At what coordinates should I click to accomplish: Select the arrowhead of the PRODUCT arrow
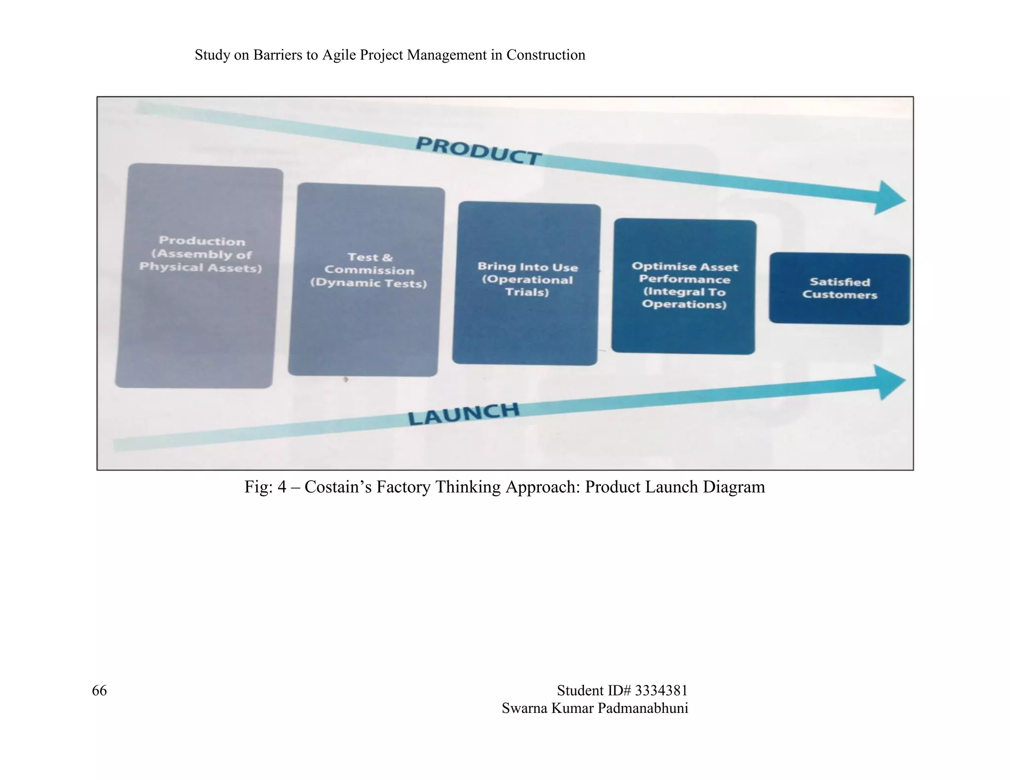pyautogui.click(x=890, y=198)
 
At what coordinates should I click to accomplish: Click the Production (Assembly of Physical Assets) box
pyautogui.click(x=199, y=276)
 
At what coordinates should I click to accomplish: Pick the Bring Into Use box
pyautogui.click(x=526, y=284)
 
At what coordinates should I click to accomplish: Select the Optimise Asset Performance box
pyautogui.click(x=684, y=286)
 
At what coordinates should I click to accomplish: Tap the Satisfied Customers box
pyautogui.click(x=839, y=289)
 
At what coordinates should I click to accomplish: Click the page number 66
pyautogui.click(x=99, y=690)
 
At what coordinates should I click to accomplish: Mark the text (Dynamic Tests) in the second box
pyautogui.click(x=368, y=283)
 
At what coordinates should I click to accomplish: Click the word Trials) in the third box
pyautogui.click(x=527, y=292)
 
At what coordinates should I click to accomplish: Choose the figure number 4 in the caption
pyautogui.click(x=282, y=487)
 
